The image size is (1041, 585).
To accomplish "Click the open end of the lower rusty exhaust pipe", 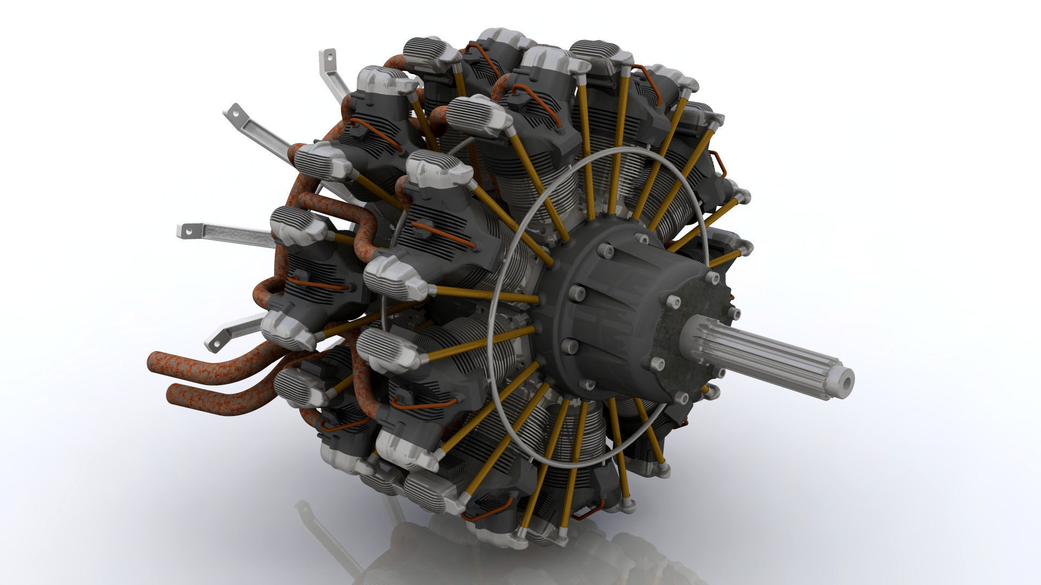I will click(171, 393).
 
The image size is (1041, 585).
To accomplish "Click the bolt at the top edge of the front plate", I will click(712, 277).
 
